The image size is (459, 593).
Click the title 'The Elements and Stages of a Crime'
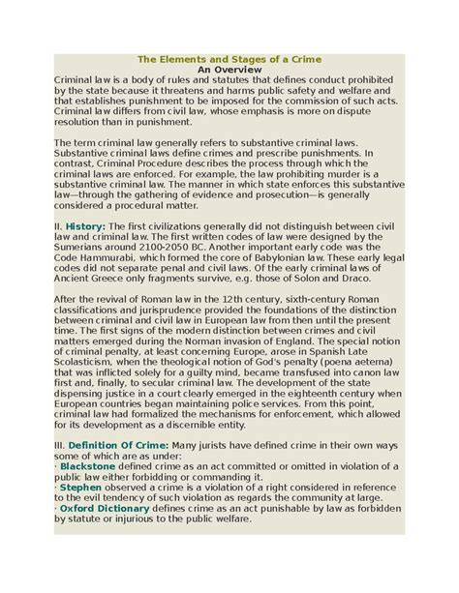(229, 58)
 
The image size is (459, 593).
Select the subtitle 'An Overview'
(229, 70)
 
